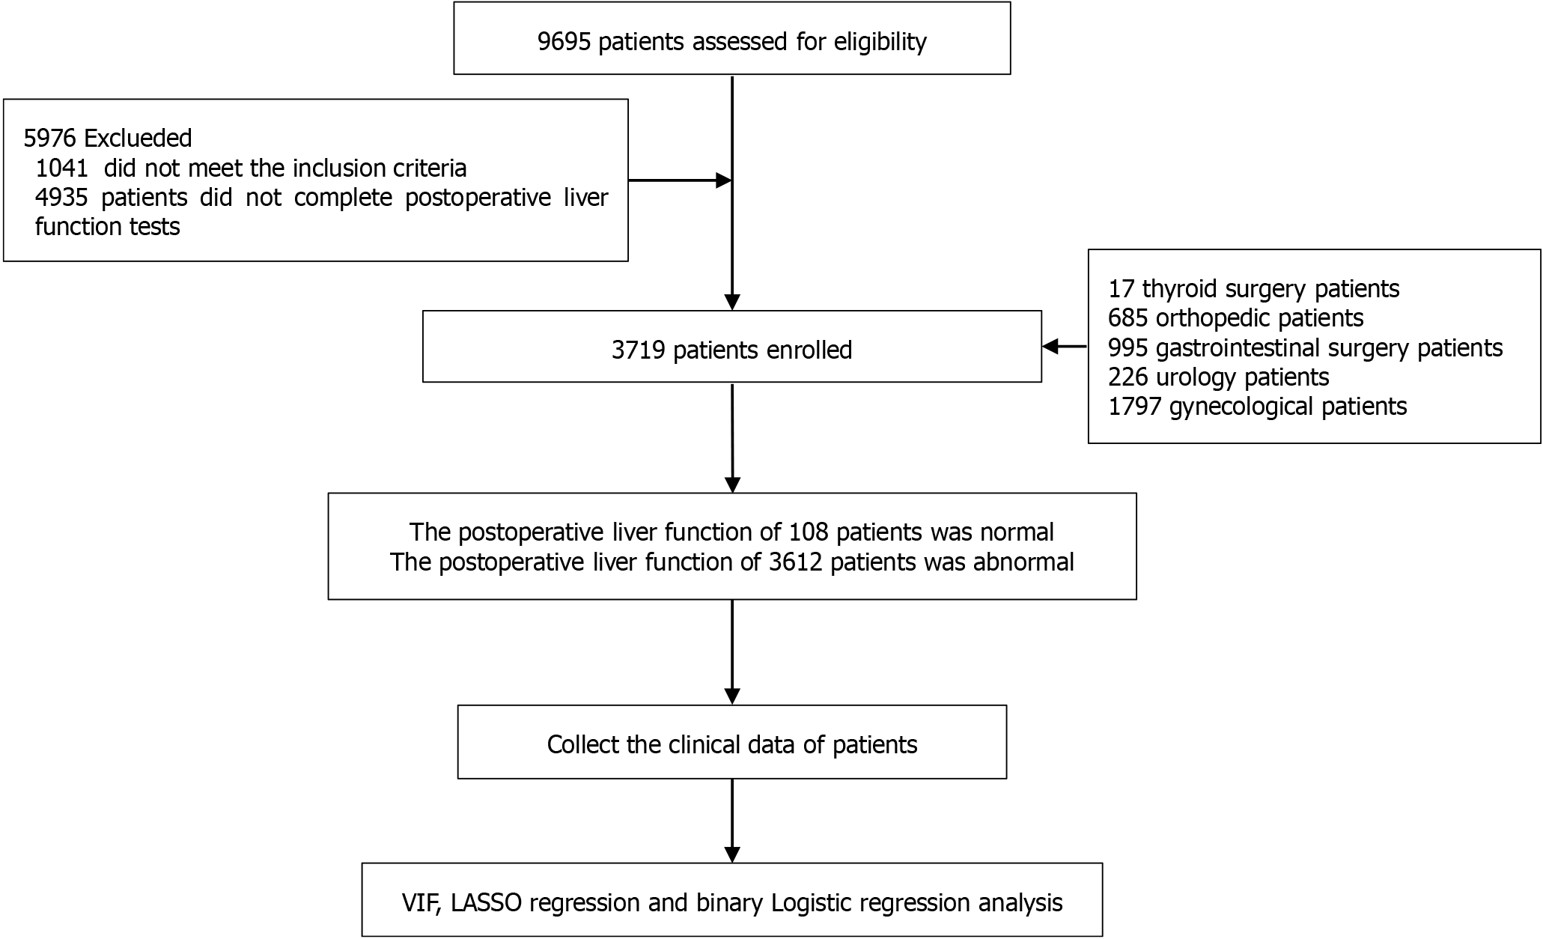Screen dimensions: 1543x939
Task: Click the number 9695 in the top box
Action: (x=564, y=41)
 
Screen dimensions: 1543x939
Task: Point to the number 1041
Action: (x=61, y=168)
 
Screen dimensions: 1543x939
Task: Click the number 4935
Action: (x=61, y=197)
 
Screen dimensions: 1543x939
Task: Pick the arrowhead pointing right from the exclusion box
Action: (x=724, y=180)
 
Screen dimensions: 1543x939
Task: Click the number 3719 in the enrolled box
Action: (x=638, y=350)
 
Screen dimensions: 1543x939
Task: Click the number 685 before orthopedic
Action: (x=1127, y=318)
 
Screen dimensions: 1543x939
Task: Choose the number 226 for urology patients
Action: (x=1127, y=377)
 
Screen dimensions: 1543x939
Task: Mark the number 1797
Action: (x=1135, y=407)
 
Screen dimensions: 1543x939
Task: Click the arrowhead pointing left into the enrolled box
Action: (x=1050, y=346)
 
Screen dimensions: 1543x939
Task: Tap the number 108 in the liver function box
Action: (x=809, y=532)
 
